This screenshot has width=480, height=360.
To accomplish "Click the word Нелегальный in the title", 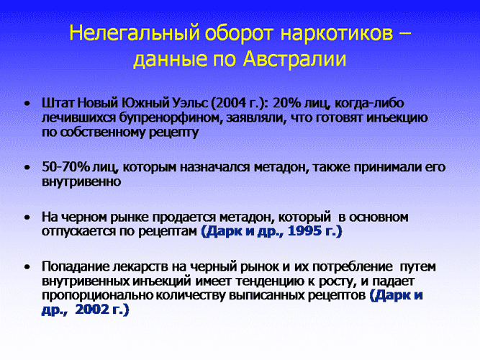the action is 135,32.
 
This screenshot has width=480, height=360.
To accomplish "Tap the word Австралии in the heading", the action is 294,59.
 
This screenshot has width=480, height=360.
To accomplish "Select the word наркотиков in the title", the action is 336,32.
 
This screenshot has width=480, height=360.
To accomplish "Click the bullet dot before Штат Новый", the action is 27,104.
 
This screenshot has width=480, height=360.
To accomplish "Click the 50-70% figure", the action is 65,167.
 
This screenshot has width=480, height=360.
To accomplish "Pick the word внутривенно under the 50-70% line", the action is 81,181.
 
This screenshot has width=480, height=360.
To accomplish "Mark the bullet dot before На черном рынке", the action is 27,217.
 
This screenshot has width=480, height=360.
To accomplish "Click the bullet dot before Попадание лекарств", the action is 27,267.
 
